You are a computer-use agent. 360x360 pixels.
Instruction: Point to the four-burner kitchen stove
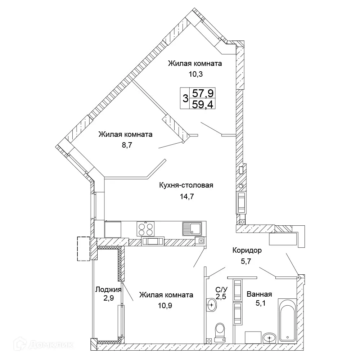pos(145,228)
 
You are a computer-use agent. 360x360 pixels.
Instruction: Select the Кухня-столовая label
pos(186,185)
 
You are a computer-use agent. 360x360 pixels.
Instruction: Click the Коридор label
pos(247,250)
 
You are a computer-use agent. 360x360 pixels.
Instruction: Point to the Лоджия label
pos(108,289)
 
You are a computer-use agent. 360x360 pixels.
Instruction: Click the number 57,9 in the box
pos(203,94)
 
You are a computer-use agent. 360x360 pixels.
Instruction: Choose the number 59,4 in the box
pos(203,105)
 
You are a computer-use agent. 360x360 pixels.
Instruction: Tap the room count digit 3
pos(185,99)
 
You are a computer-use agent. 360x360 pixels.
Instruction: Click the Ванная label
pos(259,294)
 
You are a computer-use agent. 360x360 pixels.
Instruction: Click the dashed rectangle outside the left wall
pos(84,248)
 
